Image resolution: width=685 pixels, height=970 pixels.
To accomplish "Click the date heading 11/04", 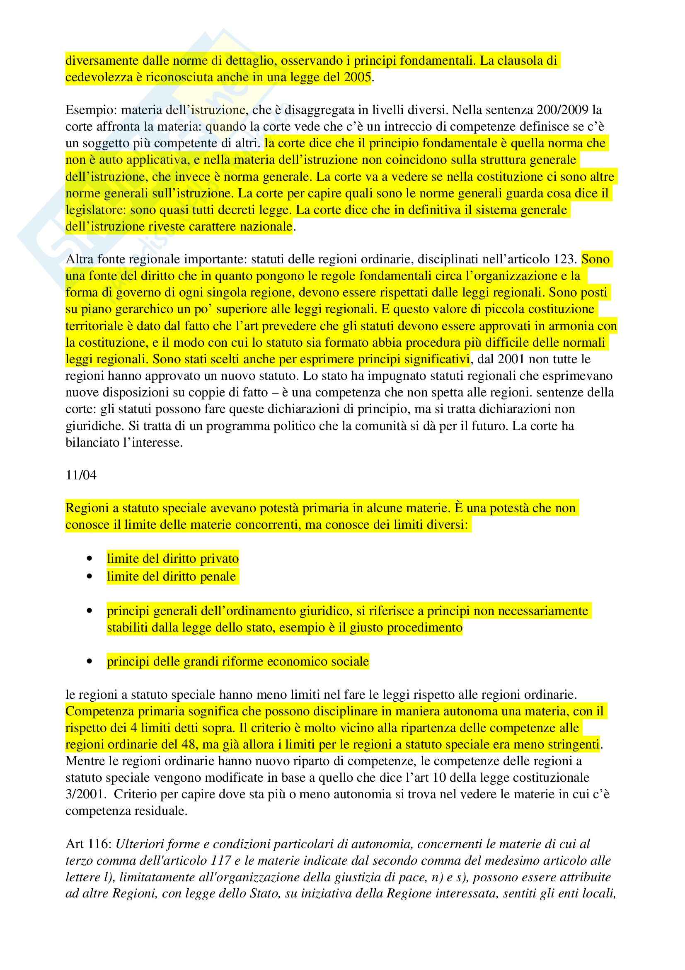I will coord(81,475).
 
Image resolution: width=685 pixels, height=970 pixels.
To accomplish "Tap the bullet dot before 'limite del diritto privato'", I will coord(89,559).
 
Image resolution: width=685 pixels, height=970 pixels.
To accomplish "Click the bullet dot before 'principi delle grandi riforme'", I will coord(89,661).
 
